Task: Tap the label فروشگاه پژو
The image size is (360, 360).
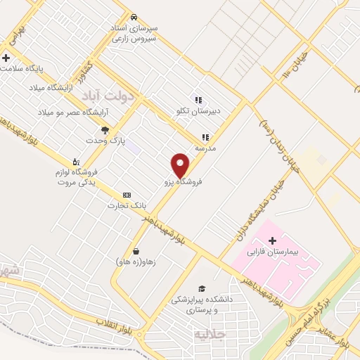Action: click(183, 181)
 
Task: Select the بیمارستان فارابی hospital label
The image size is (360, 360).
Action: click(273, 252)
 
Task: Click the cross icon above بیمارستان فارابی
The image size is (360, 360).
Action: click(273, 240)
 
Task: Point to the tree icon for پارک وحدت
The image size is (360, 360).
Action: click(105, 130)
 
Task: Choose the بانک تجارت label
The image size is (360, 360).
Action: click(127, 205)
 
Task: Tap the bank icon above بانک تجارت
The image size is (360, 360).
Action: click(127, 195)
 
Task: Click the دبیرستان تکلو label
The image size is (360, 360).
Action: click(198, 110)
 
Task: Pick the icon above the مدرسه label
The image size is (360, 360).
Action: click(205, 138)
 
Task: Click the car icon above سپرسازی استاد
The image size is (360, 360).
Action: click(134, 16)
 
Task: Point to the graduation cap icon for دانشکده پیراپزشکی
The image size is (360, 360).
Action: click(202, 289)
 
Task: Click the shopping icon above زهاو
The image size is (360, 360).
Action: click(136, 251)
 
